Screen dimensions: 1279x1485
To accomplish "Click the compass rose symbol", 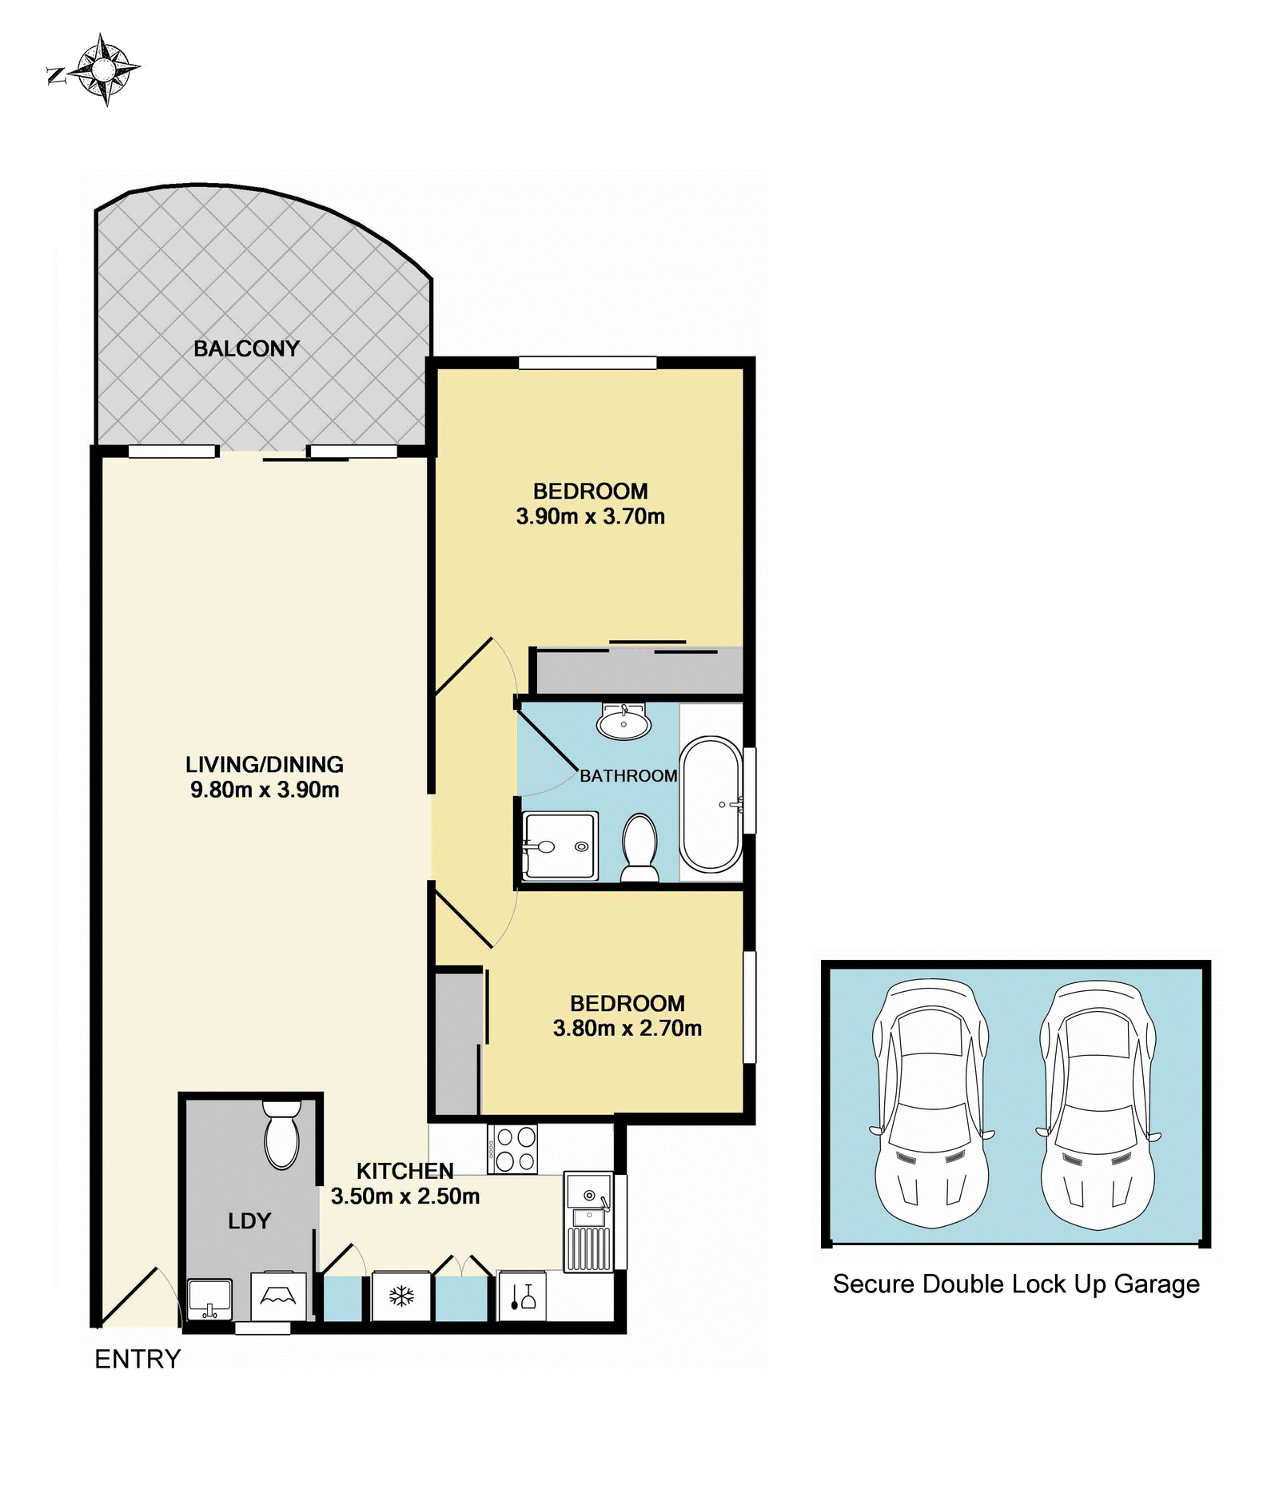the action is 102,70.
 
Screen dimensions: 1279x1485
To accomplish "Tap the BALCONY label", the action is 246,348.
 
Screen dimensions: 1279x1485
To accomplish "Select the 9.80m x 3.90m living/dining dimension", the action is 265,790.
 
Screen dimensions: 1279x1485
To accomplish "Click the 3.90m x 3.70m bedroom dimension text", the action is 591,516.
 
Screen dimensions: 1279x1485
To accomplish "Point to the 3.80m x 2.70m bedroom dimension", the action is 628,1028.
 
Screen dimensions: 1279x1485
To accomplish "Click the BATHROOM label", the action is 628,775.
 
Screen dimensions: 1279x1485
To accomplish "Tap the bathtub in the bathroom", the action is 711,803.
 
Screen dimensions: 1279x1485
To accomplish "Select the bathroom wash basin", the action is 624,723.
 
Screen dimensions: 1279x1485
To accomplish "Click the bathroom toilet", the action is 639,847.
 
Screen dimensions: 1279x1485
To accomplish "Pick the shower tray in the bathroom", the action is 560,846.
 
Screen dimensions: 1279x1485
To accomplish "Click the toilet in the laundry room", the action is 281,1135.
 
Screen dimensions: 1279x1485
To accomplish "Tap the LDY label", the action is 249,1220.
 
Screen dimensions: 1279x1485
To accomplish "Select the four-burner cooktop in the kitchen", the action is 512,1149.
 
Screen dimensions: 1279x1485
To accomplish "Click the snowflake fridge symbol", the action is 401,1296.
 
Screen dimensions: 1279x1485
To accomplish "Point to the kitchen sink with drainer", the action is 589,1222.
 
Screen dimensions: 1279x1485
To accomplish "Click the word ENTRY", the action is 137,1359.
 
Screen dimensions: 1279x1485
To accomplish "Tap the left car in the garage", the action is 931,1103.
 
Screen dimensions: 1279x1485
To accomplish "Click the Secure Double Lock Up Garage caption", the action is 1016,1284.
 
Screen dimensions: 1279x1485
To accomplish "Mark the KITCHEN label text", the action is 405,1171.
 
